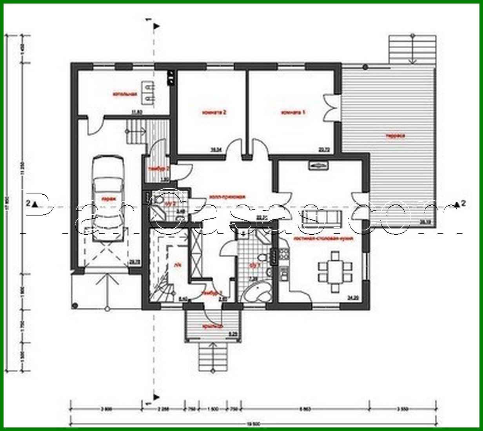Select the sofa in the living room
pyautogui.click(x=324, y=216)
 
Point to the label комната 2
pyautogui.click(x=214, y=112)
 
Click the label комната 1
pyautogui.click(x=293, y=112)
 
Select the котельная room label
pyautogui.click(x=124, y=95)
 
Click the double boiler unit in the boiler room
pyautogui.click(x=148, y=93)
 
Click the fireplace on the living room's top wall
pyautogui.click(x=318, y=166)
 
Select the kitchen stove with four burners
pyautogui.click(x=283, y=255)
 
